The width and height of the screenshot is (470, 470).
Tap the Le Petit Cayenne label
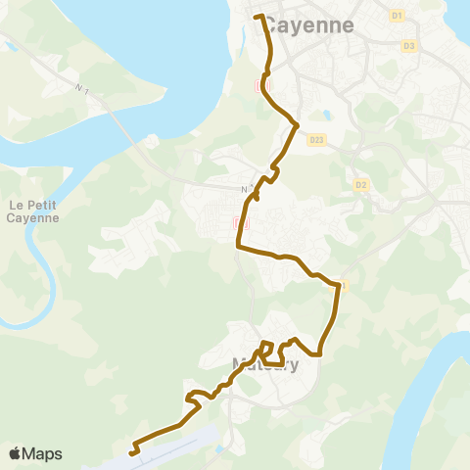pos(33,211)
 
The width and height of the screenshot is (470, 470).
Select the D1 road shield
pos(397,16)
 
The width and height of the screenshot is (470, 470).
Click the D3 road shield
pos(408,46)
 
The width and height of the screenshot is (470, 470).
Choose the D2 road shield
pos(361,184)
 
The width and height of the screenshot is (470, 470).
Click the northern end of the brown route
pos(258,17)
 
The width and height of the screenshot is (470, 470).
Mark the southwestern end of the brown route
pos(131,452)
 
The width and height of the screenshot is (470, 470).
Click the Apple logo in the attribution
pos(15,453)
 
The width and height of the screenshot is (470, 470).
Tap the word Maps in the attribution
pos(42,453)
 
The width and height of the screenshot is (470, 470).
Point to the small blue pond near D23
pos(324,116)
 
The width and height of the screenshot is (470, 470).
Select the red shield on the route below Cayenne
pos(259,85)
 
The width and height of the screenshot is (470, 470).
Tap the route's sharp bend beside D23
pos(296,124)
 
